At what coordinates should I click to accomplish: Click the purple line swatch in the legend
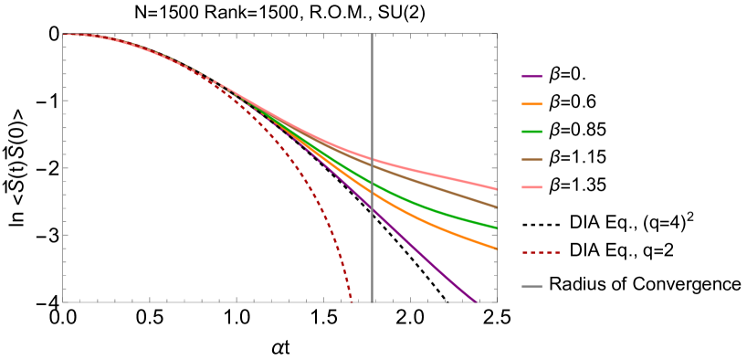point(531,77)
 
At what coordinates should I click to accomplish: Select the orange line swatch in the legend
point(531,104)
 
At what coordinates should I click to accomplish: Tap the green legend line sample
point(531,132)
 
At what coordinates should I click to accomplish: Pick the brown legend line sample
point(531,160)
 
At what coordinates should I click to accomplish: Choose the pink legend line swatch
point(531,187)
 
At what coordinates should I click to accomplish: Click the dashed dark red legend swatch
point(541,252)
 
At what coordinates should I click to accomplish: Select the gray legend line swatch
point(531,287)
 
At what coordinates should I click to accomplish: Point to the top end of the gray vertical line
point(372,35)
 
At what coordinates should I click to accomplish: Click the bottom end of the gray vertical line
point(372,302)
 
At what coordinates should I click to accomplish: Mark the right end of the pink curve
point(496,189)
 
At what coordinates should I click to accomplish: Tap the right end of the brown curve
point(496,206)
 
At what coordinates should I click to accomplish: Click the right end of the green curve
point(496,228)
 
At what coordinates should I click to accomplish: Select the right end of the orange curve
point(496,248)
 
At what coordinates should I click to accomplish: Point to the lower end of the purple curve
point(476,301)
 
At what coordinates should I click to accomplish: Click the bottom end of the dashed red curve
point(352,301)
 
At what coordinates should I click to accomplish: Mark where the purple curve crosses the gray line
point(372,209)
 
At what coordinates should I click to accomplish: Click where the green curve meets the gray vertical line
point(372,184)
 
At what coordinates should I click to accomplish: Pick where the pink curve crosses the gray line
point(372,160)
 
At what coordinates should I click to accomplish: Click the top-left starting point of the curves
point(65,35)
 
